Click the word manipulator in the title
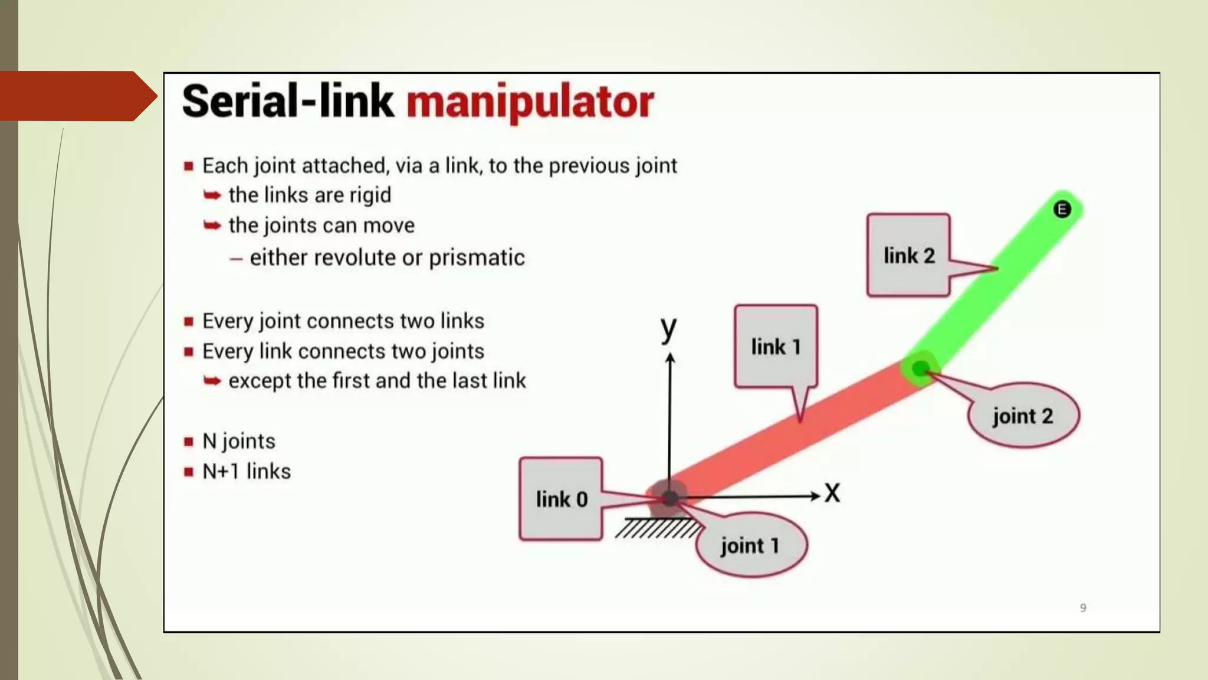click(530, 102)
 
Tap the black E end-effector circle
click(1062, 209)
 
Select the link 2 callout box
click(908, 255)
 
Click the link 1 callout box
click(776, 346)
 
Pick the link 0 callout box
click(561, 499)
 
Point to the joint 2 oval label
click(1023, 416)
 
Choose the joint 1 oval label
click(750, 545)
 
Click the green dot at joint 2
click(920, 369)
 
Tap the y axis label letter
click(668, 328)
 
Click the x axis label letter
click(832, 492)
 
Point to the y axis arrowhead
click(669, 358)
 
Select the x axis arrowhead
click(815, 496)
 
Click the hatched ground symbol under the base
click(656, 528)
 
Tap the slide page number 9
click(1083, 607)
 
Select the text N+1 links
click(247, 471)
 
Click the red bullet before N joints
click(189, 442)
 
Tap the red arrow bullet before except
click(212, 381)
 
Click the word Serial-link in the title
click(287, 102)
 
